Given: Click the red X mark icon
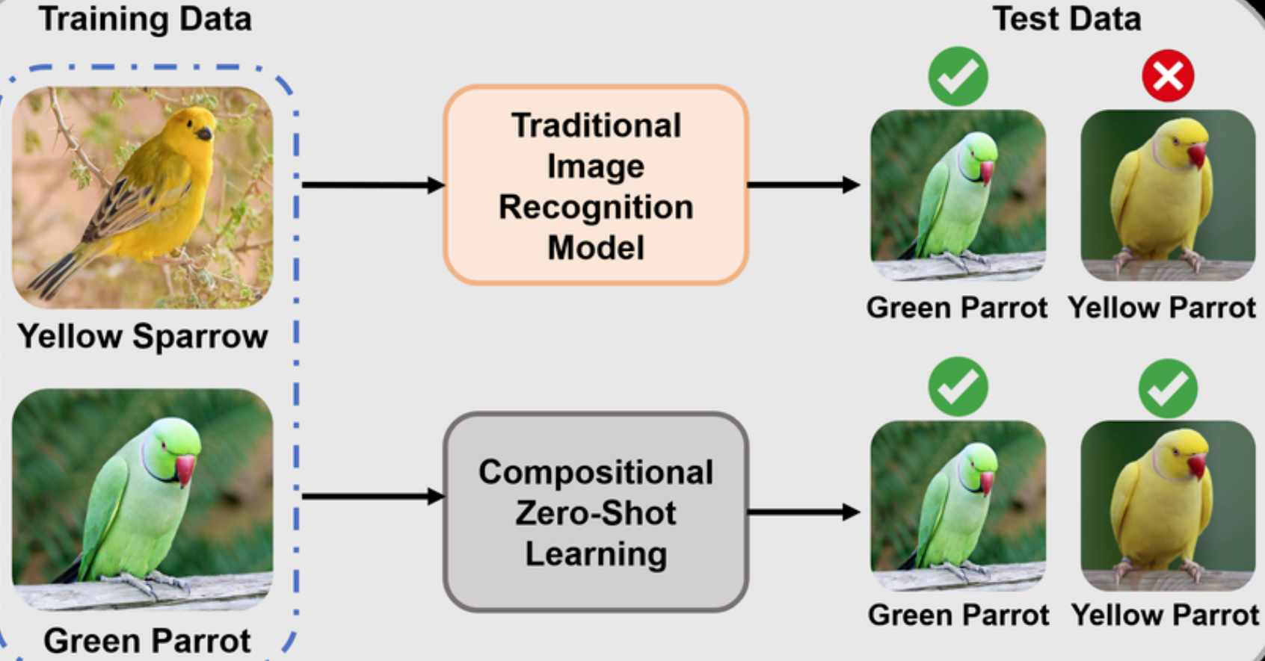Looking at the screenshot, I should (1168, 76).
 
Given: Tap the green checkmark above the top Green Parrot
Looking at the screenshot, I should (958, 76).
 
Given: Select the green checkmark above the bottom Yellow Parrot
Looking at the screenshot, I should (1168, 388).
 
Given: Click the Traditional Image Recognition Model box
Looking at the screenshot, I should (596, 185).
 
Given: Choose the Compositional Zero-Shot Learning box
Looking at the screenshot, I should (596, 512).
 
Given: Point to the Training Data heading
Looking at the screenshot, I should (145, 19).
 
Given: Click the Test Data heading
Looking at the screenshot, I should (1066, 19).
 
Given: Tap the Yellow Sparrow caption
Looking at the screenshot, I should (143, 336).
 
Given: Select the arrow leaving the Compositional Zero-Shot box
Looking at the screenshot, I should (804, 512).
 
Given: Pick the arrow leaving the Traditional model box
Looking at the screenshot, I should (804, 184).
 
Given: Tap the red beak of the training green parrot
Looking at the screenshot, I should (185, 469).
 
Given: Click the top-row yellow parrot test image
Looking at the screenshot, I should (1168, 196).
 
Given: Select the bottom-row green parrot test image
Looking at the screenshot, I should (958, 506).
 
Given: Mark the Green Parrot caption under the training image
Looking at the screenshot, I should (147, 641).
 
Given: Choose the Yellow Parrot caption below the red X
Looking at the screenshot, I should (1162, 308).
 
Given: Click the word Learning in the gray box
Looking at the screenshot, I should (596, 554).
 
